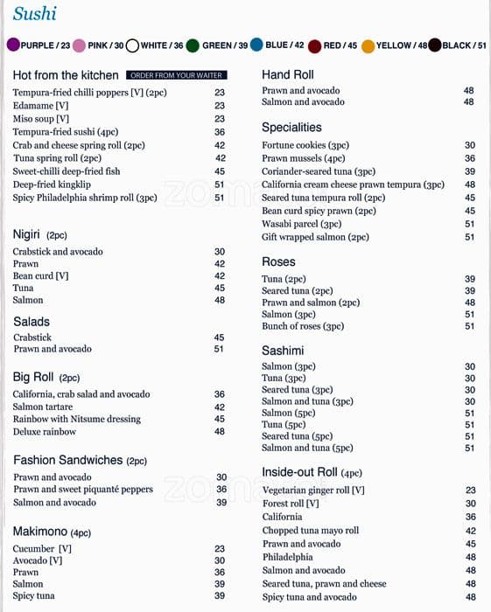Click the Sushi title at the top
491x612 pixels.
coord(35,13)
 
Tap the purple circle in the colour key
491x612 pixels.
coord(13,45)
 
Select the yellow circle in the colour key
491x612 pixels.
coord(368,45)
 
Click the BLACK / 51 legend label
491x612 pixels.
coord(464,45)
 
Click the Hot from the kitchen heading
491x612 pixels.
coord(66,75)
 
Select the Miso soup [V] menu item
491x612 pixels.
coord(41,118)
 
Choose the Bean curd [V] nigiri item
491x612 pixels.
coord(40,275)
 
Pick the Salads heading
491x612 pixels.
coord(32,322)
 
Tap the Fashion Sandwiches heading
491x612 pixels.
coord(68,460)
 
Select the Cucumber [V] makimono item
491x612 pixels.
coord(42,548)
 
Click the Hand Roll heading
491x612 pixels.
coord(287,75)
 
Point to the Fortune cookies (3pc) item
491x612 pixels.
coord(305,145)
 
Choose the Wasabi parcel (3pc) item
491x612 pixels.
coord(302,224)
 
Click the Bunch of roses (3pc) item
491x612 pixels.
coord(303,326)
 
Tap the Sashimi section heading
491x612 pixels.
coord(283,351)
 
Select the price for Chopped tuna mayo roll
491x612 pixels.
coord(470,531)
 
